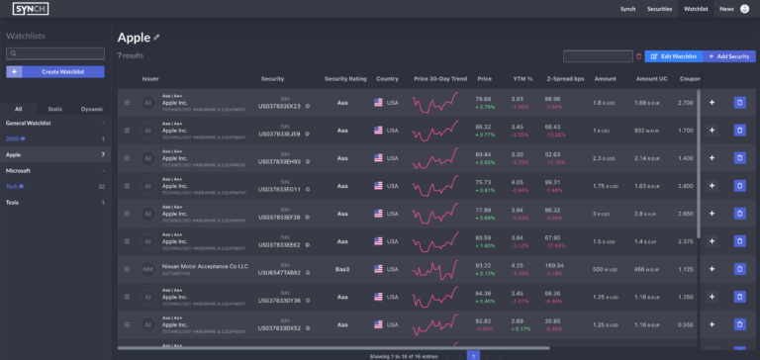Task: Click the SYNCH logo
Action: pos(32,9)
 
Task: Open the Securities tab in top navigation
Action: pos(659,9)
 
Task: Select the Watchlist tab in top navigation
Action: pos(696,9)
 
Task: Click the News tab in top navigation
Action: pos(726,9)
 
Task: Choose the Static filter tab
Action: pos(55,109)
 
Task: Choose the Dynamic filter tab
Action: pos(92,109)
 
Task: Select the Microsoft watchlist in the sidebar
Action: pos(19,170)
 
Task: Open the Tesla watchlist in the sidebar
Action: pos(13,202)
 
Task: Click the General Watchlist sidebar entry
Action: pos(29,123)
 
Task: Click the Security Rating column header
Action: pos(344,78)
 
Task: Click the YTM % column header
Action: pos(521,78)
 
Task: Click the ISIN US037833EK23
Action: pos(278,106)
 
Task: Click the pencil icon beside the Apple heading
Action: pos(156,38)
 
